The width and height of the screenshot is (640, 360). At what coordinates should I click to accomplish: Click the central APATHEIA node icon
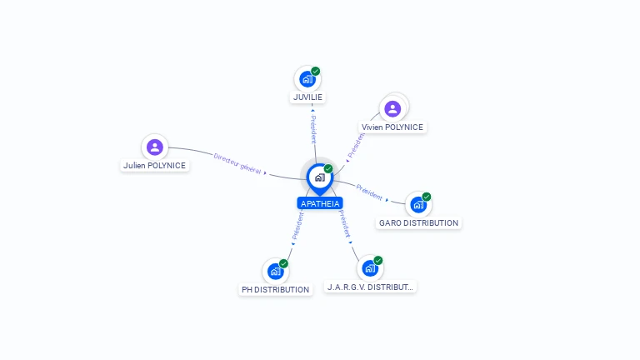tap(319, 177)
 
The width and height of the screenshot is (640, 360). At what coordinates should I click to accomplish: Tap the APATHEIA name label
tap(320, 203)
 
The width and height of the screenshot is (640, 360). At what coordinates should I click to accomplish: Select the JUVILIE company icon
tap(307, 79)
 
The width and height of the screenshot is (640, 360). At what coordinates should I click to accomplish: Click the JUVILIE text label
tap(307, 97)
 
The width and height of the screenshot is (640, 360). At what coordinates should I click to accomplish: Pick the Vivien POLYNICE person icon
tap(392, 108)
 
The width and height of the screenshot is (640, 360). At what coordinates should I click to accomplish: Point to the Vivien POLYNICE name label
tap(392, 127)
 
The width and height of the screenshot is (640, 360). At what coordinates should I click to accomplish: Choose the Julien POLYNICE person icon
tap(154, 147)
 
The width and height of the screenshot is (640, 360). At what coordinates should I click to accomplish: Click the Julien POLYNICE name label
tap(155, 165)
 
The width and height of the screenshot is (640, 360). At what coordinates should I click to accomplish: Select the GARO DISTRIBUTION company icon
tap(417, 205)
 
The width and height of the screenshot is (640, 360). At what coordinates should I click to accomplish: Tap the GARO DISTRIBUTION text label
tap(418, 222)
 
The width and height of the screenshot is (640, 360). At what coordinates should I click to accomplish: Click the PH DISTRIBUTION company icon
tap(276, 272)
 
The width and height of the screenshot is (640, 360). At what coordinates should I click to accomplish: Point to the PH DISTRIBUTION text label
tap(275, 290)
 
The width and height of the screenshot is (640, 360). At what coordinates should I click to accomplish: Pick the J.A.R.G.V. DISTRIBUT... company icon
tap(370, 268)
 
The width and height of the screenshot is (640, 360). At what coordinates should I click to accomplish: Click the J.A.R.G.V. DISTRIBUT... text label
tap(370, 287)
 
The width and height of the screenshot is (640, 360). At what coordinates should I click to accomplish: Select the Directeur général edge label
tap(237, 162)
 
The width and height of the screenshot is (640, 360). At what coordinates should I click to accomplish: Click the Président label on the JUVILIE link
tap(312, 130)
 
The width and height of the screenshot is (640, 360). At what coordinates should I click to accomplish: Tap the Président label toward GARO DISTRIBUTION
tap(369, 192)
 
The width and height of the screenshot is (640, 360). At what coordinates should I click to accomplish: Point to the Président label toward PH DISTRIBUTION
tap(297, 226)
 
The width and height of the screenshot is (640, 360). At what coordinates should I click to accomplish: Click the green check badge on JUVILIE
tap(316, 71)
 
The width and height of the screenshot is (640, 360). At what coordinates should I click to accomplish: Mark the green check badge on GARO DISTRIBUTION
tap(427, 197)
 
